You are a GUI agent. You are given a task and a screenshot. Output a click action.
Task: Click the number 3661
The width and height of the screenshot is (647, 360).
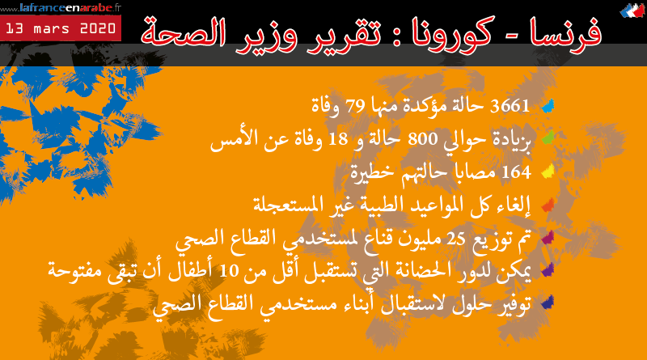pyautogui.click(x=511, y=105)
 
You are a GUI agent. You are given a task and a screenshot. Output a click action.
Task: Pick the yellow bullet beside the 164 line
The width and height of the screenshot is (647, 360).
pyautogui.click(x=548, y=172)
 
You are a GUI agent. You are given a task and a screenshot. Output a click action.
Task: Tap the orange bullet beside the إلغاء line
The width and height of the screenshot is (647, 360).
pyautogui.click(x=548, y=204)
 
